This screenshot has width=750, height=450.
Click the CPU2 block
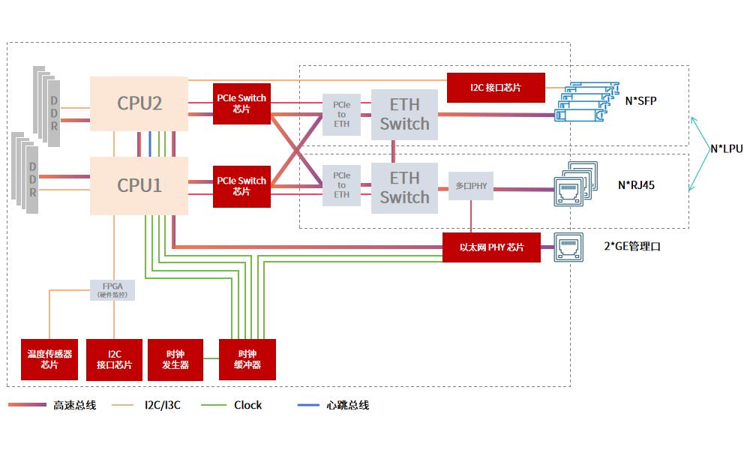coord(139,103)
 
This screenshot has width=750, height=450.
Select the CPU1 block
coord(139,184)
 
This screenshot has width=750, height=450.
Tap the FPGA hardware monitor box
coord(113,289)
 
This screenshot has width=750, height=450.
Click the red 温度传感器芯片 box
coord(49,359)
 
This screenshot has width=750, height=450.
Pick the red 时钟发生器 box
coord(175,359)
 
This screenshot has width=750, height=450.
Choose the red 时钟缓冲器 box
coord(247,359)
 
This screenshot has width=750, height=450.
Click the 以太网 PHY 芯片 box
coord(491,247)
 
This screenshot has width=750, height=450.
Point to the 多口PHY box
coord(471,184)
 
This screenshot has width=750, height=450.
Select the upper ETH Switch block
coord(404,114)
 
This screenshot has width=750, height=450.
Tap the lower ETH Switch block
coord(404,187)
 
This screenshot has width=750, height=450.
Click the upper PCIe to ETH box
coord(341,114)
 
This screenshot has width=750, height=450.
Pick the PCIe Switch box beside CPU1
coord(241,186)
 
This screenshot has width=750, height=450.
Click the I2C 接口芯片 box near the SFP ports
coord(496,88)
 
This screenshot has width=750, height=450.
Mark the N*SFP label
coord(640,100)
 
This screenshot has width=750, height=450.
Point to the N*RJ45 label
coord(636,184)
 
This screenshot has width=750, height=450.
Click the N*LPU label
coord(726,148)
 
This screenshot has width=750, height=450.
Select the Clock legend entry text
coord(247,405)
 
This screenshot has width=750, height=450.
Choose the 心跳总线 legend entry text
coord(348,405)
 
